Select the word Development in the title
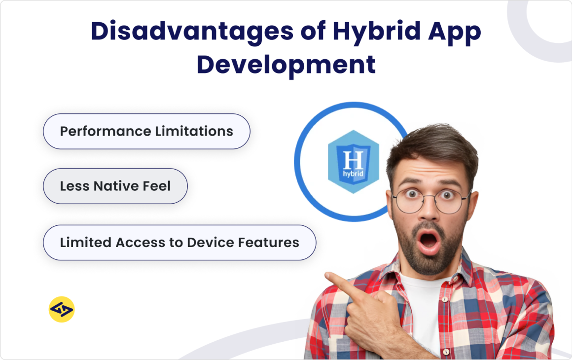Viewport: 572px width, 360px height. (x=286, y=65)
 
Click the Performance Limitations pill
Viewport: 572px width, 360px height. (x=146, y=131)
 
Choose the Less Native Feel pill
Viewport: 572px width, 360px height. (x=115, y=186)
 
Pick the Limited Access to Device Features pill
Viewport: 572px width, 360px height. (x=179, y=243)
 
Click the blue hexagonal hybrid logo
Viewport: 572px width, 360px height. (x=353, y=162)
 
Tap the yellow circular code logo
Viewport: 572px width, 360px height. (x=62, y=310)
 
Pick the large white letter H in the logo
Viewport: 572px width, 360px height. (x=353, y=159)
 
